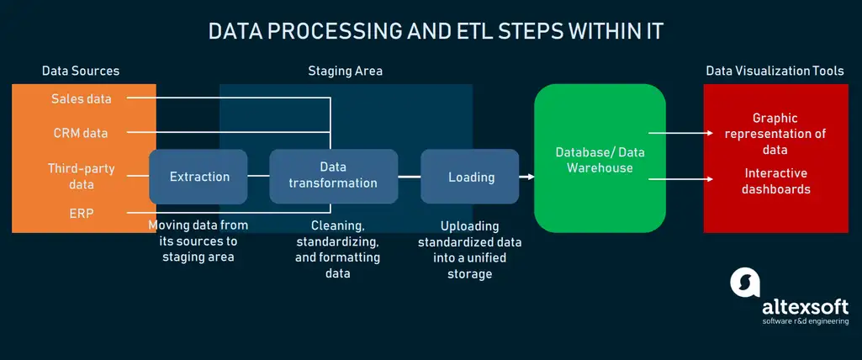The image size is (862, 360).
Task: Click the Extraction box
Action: click(198, 177)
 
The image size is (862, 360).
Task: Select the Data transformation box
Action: click(333, 177)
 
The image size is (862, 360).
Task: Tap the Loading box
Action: click(470, 177)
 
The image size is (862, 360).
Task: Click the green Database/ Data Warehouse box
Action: click(600, 158)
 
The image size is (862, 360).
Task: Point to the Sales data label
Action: click(82, 98)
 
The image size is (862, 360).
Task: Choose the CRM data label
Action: click(80, 133)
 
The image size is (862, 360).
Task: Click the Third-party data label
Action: click(82, 176)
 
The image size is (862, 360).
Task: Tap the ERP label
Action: click(82, 214)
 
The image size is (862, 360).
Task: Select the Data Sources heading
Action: click(80, 71)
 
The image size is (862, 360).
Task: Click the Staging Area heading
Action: click(346, 71)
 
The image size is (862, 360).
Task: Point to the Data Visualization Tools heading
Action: click(775, 71)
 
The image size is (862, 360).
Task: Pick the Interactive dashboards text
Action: click(775, 181)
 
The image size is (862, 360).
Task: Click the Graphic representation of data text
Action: click(775, 134)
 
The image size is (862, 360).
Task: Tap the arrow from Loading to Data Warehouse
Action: click(526, 177)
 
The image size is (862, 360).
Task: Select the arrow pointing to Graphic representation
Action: click(681, 132)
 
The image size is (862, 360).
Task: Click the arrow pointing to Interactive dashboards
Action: click(681, 178)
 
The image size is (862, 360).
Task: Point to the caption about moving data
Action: click(198, 241)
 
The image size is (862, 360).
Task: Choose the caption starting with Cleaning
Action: click(337, 248)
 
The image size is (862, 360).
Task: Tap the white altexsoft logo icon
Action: click(745, 283)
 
